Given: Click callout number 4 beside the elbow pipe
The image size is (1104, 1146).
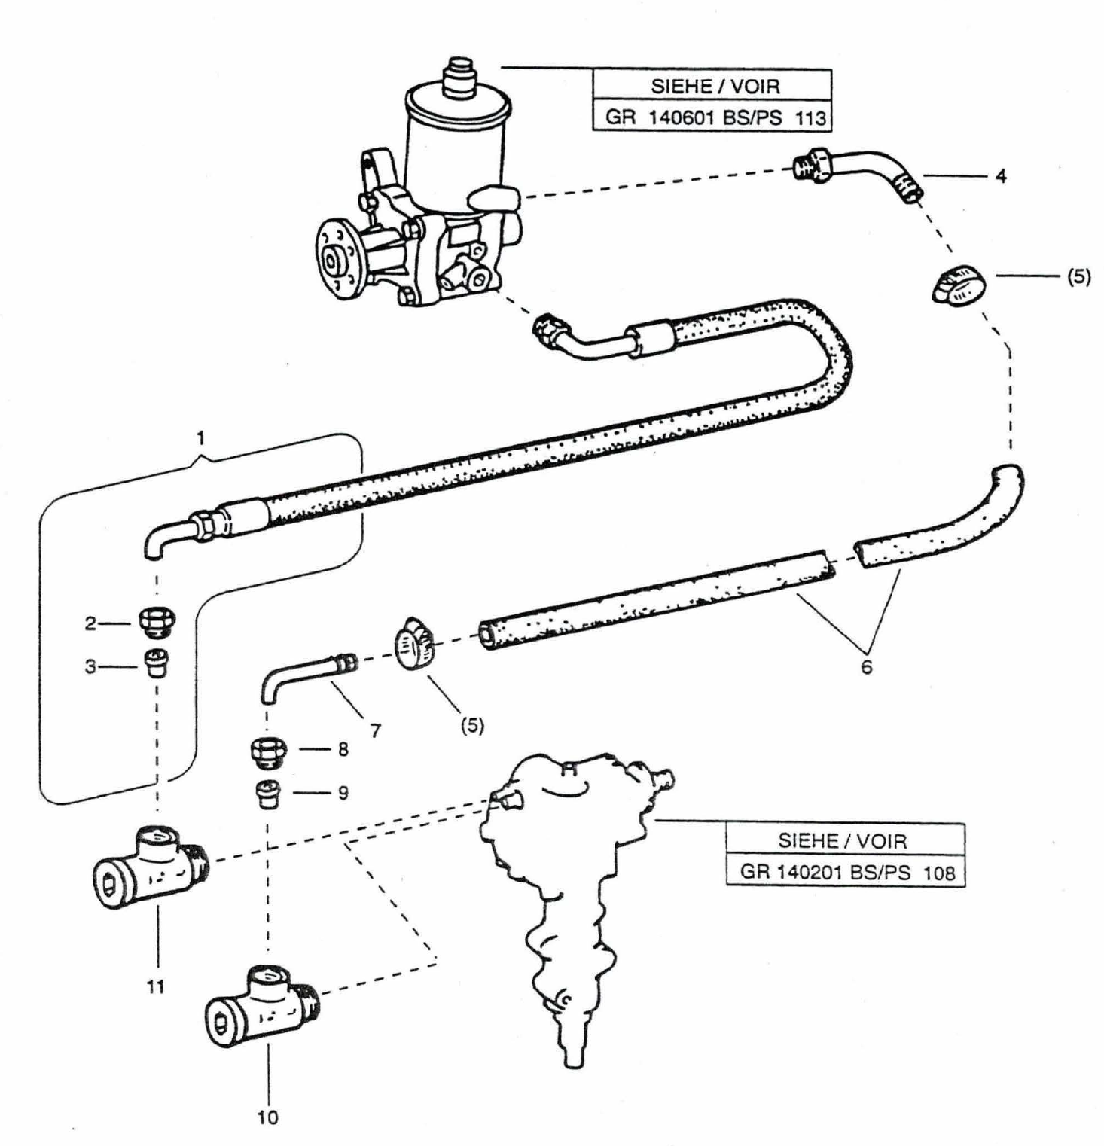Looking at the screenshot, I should (x=1001, y=176).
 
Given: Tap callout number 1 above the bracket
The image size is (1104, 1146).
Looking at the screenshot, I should (x=200, y=437).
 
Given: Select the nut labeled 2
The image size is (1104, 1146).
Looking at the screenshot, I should (x=157, y=623).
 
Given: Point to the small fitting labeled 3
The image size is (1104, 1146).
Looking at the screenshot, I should (x=157, y=663).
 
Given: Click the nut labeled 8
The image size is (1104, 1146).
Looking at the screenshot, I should (x=267, y=752).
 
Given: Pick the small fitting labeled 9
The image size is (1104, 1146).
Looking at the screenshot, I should (x=267, y=794).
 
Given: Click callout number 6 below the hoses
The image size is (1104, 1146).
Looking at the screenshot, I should (x=866, y=667).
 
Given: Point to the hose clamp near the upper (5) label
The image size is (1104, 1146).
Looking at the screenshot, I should (x=958, y=287).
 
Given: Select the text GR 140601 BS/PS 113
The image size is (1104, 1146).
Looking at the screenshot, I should (x=715, y=118).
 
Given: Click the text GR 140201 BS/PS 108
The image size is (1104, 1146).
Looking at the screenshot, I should (x=846, y=873).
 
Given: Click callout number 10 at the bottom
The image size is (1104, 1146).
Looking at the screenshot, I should (x=267, y=1117).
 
